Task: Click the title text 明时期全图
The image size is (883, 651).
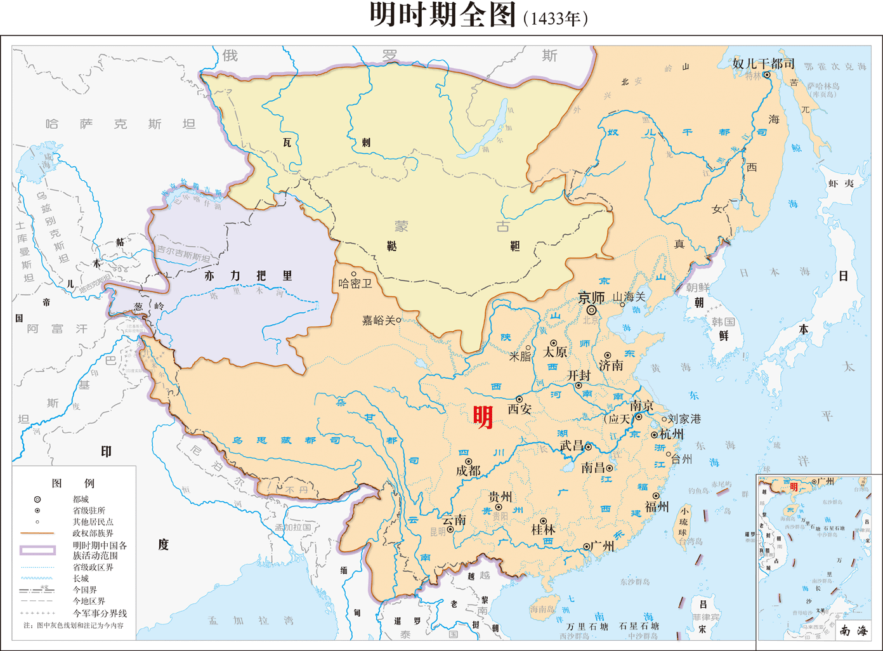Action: click(442, 15)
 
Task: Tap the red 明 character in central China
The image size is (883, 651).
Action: click(483, 417)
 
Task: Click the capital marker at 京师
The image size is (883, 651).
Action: click(591, 310)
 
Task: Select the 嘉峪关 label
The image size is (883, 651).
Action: click(378, 321)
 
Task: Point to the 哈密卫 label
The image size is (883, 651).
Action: click(355, 284)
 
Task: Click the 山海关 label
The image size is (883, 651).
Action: click(629, 297)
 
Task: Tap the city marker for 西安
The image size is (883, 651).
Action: click(519, 399)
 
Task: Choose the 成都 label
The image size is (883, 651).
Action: click(468, 471)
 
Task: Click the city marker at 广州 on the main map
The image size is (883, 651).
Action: click(587, 546)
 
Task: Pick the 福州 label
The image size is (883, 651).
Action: click(657, 506)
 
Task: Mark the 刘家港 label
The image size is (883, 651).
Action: click(684, 419)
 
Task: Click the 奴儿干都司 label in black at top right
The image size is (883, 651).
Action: click(763, 63)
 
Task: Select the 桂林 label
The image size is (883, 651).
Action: click(543, 529)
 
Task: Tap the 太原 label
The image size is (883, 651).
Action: click(555, 352)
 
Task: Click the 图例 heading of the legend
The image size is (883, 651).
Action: click(73, 483)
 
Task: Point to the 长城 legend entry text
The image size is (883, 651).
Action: click(81, 579)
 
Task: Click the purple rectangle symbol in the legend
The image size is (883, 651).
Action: click(37, 550)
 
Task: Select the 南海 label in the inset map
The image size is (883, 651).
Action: click(853, 631)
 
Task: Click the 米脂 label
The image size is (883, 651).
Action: click(520, 357)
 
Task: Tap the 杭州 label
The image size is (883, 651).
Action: click(672, 435)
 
